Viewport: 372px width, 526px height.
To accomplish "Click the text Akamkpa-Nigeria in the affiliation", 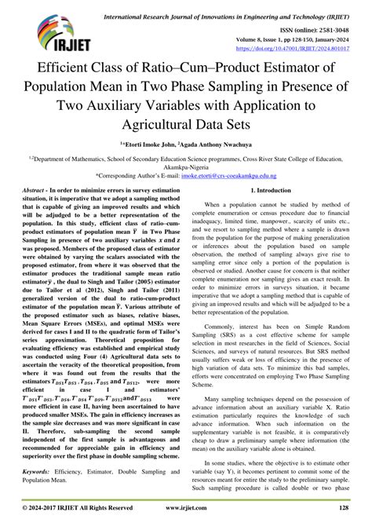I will tap(186, 167).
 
